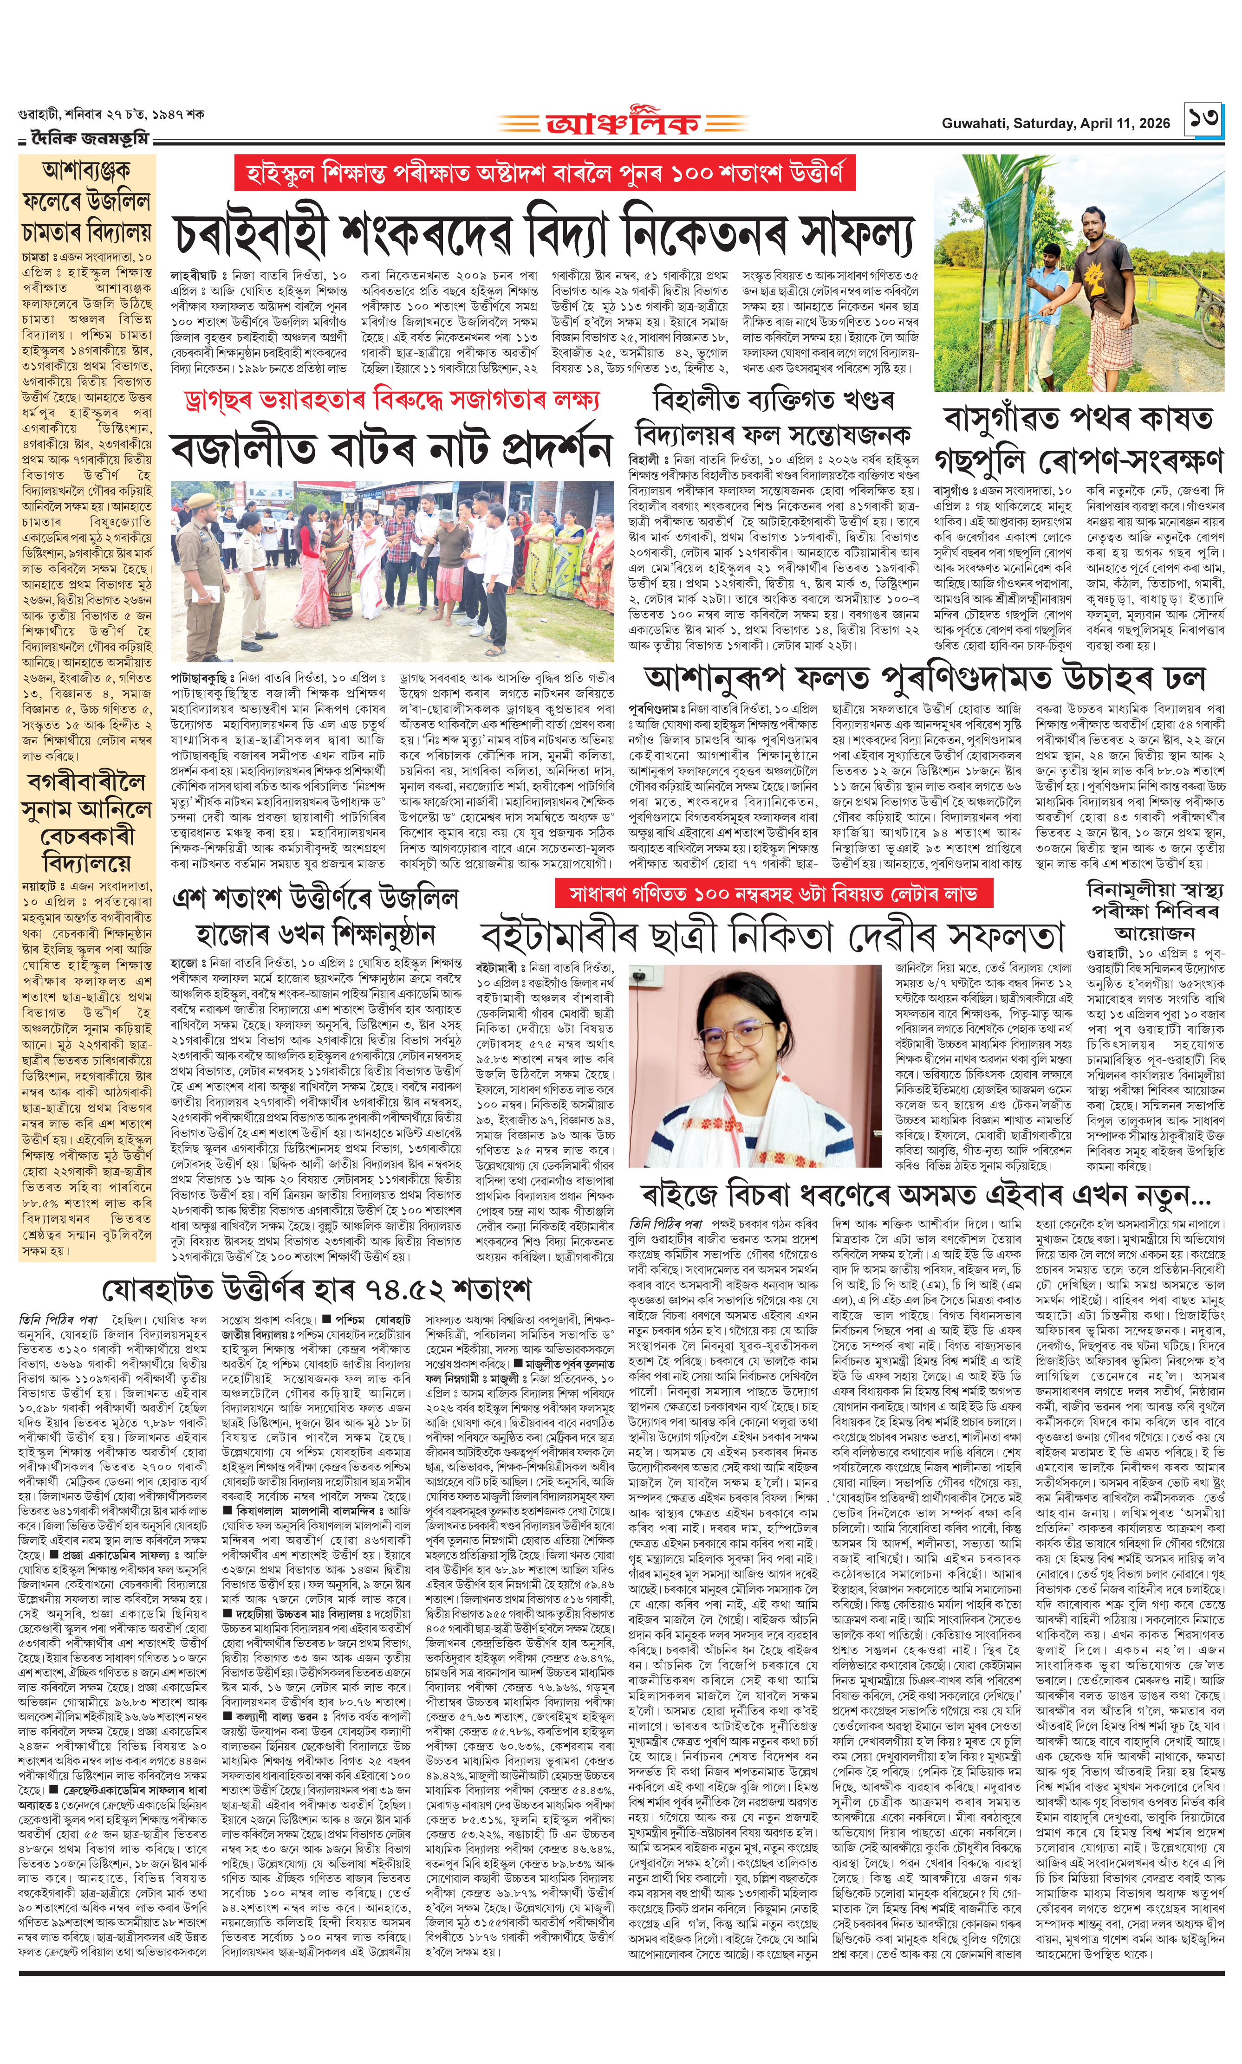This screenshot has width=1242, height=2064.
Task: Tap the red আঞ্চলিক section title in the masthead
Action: pos(622,124)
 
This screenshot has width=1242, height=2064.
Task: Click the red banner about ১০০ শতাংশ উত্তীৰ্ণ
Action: pos(545,174)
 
